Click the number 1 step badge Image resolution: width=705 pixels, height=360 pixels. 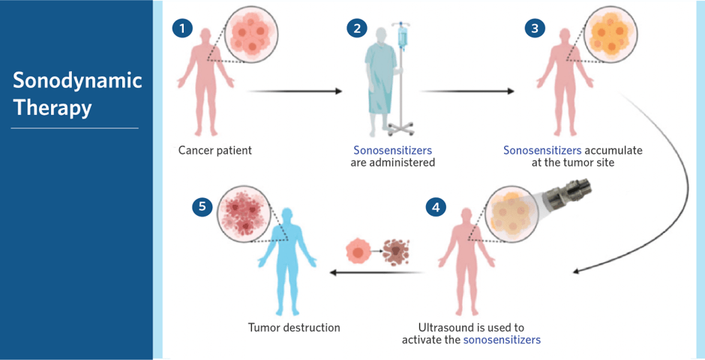[182, 28]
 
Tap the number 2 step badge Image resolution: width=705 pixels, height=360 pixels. [356, 28]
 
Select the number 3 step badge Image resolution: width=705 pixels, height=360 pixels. [534, 28]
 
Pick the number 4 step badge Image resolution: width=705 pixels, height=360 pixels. [436, 207]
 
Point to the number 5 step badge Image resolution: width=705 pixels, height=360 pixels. [202, 206]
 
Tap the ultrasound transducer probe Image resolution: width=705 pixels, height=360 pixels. [568, 192]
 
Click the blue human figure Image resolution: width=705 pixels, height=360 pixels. [287, 262]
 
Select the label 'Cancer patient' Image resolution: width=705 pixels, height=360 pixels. [215, 150]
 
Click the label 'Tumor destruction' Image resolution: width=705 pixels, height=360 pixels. [294, 327]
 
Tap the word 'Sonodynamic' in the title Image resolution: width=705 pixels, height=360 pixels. [77, 81]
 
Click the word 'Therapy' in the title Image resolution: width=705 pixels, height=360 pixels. [52, 108]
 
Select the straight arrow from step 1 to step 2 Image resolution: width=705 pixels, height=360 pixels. [295, 91]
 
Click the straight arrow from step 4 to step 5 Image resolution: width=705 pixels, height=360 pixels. [376, 272]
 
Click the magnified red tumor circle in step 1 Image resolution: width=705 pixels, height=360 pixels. [252, 35]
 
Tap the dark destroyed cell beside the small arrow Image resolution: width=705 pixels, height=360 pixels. [397, 252]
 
